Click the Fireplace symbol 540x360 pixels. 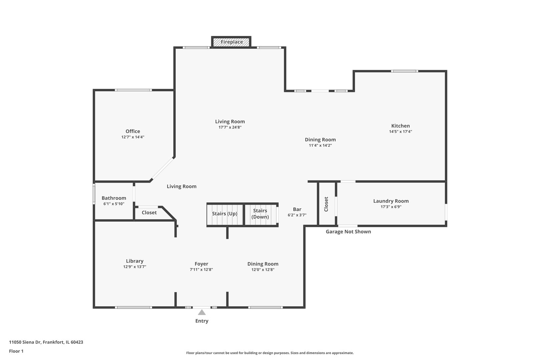pos(231,42)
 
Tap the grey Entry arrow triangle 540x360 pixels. pos(202,312)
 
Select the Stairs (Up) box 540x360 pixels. pos(225,214)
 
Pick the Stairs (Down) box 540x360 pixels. pos(260,214)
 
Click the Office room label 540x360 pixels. pos(133,131)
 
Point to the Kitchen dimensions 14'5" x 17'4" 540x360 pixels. pos(400,132)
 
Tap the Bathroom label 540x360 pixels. pos(114,198)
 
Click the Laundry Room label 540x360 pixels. pos(391,201)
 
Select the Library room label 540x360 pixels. pos(135,261)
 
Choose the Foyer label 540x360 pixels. pos(201,264)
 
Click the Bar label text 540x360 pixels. pos(297,209)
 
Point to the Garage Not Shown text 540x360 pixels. pos(348,232)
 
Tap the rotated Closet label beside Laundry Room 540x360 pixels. pos(326,204)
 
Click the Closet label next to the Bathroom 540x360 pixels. pos(149,213)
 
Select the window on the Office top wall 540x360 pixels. pos(133,90)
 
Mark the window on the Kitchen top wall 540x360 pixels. pos(404,71)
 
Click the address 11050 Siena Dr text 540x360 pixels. pos(46,342)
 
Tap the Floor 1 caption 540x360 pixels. pos(16,351)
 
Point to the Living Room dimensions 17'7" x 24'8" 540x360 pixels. pos(230,127)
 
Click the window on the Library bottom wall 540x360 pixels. pos(133,307)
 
